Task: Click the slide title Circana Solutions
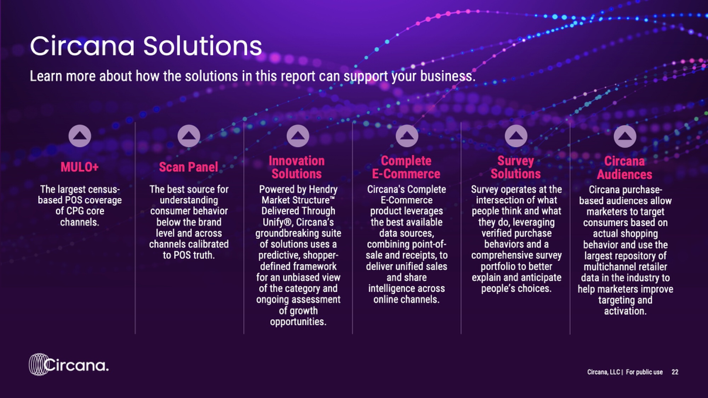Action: [x=146, y=46]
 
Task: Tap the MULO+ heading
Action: [x=80, y=167]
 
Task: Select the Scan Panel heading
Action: [x=188, y=167]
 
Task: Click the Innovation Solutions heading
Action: [x=297, y=167]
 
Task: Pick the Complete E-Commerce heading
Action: [x=406, y=167]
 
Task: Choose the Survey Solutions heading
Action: [x=516, y=167]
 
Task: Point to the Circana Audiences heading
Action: [x=624, y=168]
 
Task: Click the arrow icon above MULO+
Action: [x=80, y=136]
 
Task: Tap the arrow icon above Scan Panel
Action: [x=189, y=136]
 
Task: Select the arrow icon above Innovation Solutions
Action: [x=298, y=136]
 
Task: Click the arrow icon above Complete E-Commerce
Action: [x=407, y=136]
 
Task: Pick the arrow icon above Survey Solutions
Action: [x=516, y=136]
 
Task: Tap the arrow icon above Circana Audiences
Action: [x=625, y=136]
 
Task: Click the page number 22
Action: [x=675, y=372]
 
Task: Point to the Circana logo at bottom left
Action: [x=69, y=364]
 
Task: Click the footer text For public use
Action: [x=644, y=372]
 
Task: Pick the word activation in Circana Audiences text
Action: [x=625, y=311]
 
